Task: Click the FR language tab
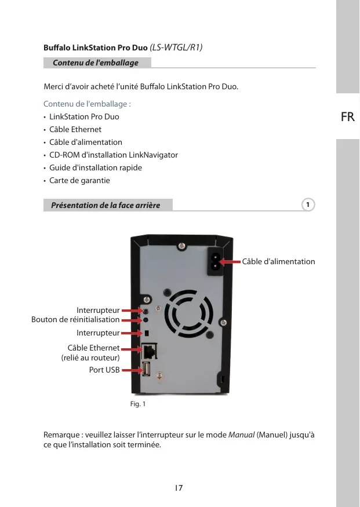tap(348, 117)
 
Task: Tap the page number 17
tap(179, 488)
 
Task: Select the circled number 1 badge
tap(309, 205)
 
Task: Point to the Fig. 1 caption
tap(137, 404)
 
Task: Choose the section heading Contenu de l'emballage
tap(96, 63)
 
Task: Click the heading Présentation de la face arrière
tap(106, 205)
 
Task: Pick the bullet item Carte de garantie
tap(79, 180)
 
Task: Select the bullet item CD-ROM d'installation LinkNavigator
tap(113, 155)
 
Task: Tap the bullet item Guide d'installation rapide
tap(96, 167)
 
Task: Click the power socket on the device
tap(214, 262)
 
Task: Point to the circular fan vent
tap(187, 313)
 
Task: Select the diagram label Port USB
tap(104, 369)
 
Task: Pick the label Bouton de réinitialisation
tap(75, 319)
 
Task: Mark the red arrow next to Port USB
tap(131, 369)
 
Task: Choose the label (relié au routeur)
tap(90, 358)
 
